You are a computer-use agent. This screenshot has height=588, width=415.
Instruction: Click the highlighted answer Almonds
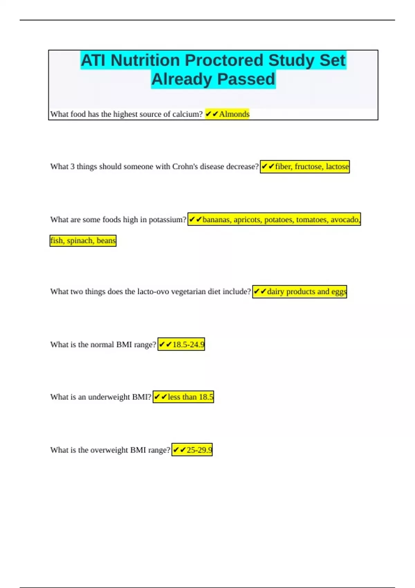(x=234, y=114)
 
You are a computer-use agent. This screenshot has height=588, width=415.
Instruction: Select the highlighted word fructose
(x=308, y=167)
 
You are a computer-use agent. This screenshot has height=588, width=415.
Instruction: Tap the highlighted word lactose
(x=337, y=167)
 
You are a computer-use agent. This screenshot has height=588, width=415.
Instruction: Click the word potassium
(x=167, y=220)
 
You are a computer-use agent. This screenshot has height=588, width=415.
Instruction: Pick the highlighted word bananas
(x=217, y=220)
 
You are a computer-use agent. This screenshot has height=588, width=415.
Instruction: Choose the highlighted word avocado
(x=345, y=220)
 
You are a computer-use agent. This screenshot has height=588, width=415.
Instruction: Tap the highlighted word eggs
(x=339, y=292)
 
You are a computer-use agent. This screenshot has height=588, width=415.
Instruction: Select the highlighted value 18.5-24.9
(x=188, y=344)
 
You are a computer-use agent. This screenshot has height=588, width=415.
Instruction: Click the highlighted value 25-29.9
(x=199, y=450)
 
